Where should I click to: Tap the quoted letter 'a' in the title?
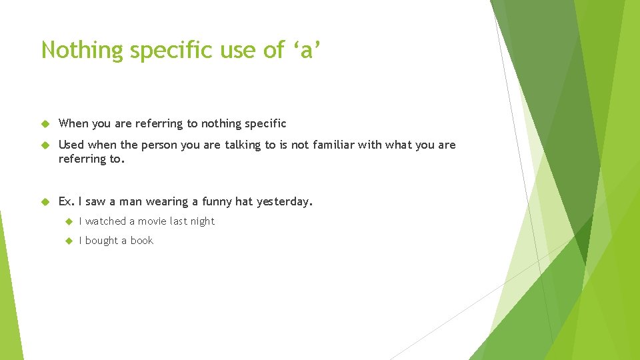(307, 51)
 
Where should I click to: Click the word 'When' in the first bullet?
(73, 123)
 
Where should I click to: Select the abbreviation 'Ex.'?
(67, 201)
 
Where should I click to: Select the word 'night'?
(201, 221)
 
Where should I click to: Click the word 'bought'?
(101, 241)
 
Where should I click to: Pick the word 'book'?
(141, 241)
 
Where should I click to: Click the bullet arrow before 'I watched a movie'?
(67, 221)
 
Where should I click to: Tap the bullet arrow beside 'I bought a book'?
(67, 241)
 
